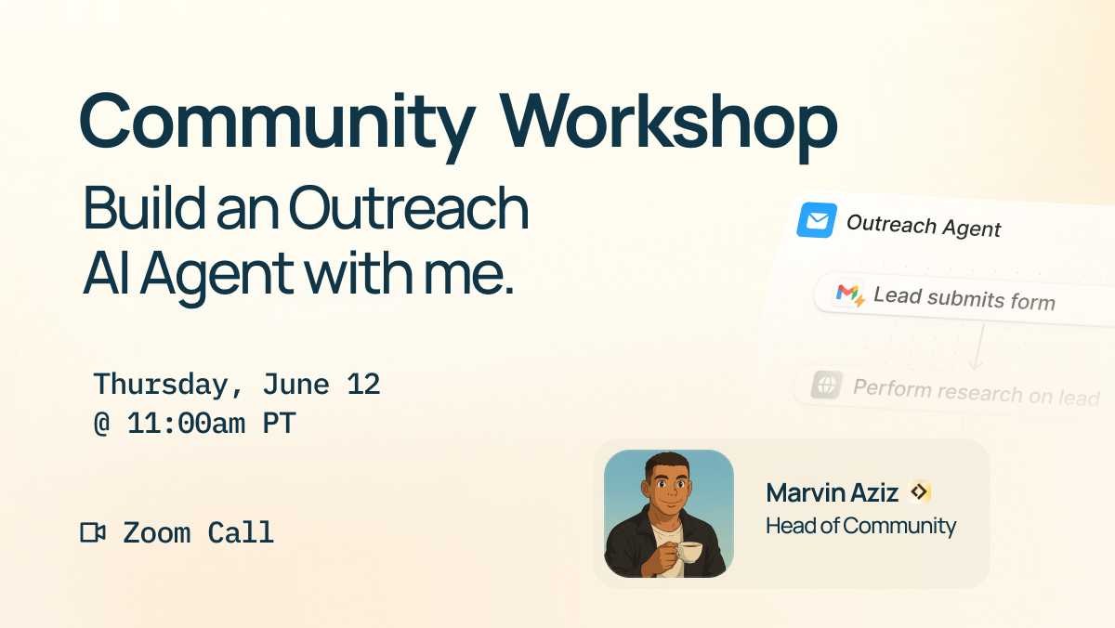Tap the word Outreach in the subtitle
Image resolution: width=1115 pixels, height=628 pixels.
click(409, 211)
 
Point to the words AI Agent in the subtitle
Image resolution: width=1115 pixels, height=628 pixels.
click(187, 272)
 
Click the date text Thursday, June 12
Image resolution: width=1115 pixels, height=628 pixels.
click(237, 385)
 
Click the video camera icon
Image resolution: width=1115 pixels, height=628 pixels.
click(93, 532)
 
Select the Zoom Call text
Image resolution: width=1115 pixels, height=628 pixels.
click(198, 533)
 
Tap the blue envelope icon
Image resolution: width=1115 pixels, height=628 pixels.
click(817, 221)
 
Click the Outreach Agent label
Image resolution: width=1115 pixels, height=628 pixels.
click(923, 226)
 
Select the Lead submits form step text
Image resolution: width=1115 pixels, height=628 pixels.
click(964, 299)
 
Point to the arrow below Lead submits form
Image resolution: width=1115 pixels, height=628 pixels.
click(976, 348)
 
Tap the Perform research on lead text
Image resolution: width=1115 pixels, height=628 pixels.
click(976, 391)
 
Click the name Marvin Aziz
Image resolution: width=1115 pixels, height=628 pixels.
click(833, 493)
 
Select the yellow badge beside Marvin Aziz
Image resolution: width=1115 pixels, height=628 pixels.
click(920, 492)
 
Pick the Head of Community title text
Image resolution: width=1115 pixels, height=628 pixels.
click(860, 526)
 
